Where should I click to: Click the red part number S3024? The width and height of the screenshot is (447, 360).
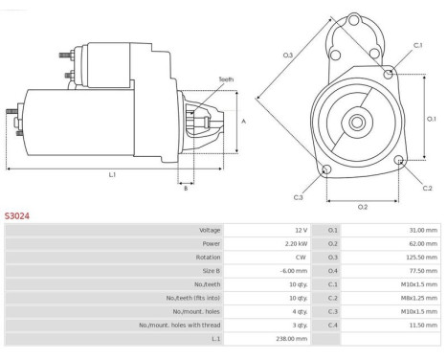pyautogui.click(x=17, y=216)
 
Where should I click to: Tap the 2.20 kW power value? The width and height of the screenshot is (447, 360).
pyautogui.click(x=296, y=244)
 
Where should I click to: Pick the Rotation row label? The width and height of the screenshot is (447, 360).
pyautogui.click(x=208, y=258)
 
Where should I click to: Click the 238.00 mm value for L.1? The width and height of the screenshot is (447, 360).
pyautogui.click(x=292, y=339)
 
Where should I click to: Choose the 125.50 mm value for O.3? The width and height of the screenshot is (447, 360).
pyautogui.click(x=421, y=258)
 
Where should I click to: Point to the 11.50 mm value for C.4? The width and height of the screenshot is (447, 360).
pyautogui.click(x=423, y=326)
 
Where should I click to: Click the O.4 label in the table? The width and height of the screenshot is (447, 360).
pyautogui.click(x=332, y=271)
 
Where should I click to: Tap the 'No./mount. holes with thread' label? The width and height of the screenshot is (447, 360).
pyautogui.click(x=180, y=326)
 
